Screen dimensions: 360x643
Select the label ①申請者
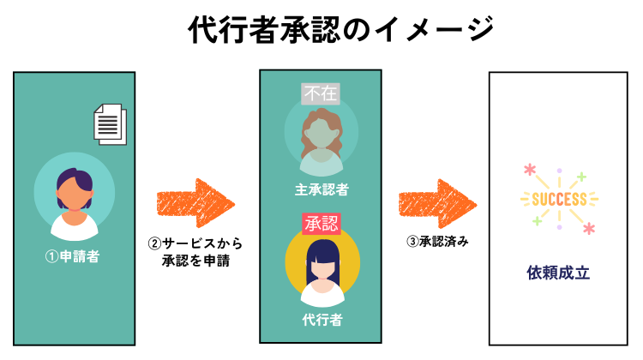coord(74,255)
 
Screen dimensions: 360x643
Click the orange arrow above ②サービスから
coord(195,204)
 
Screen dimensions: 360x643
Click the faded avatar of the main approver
coord(320,138)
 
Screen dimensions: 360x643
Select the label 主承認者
coord(320,188)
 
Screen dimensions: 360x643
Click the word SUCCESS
coord(558,199)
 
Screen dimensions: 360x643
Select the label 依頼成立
coord(558,273)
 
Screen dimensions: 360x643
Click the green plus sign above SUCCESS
coord(581,177)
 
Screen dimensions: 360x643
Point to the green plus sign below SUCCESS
coord(537,221)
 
